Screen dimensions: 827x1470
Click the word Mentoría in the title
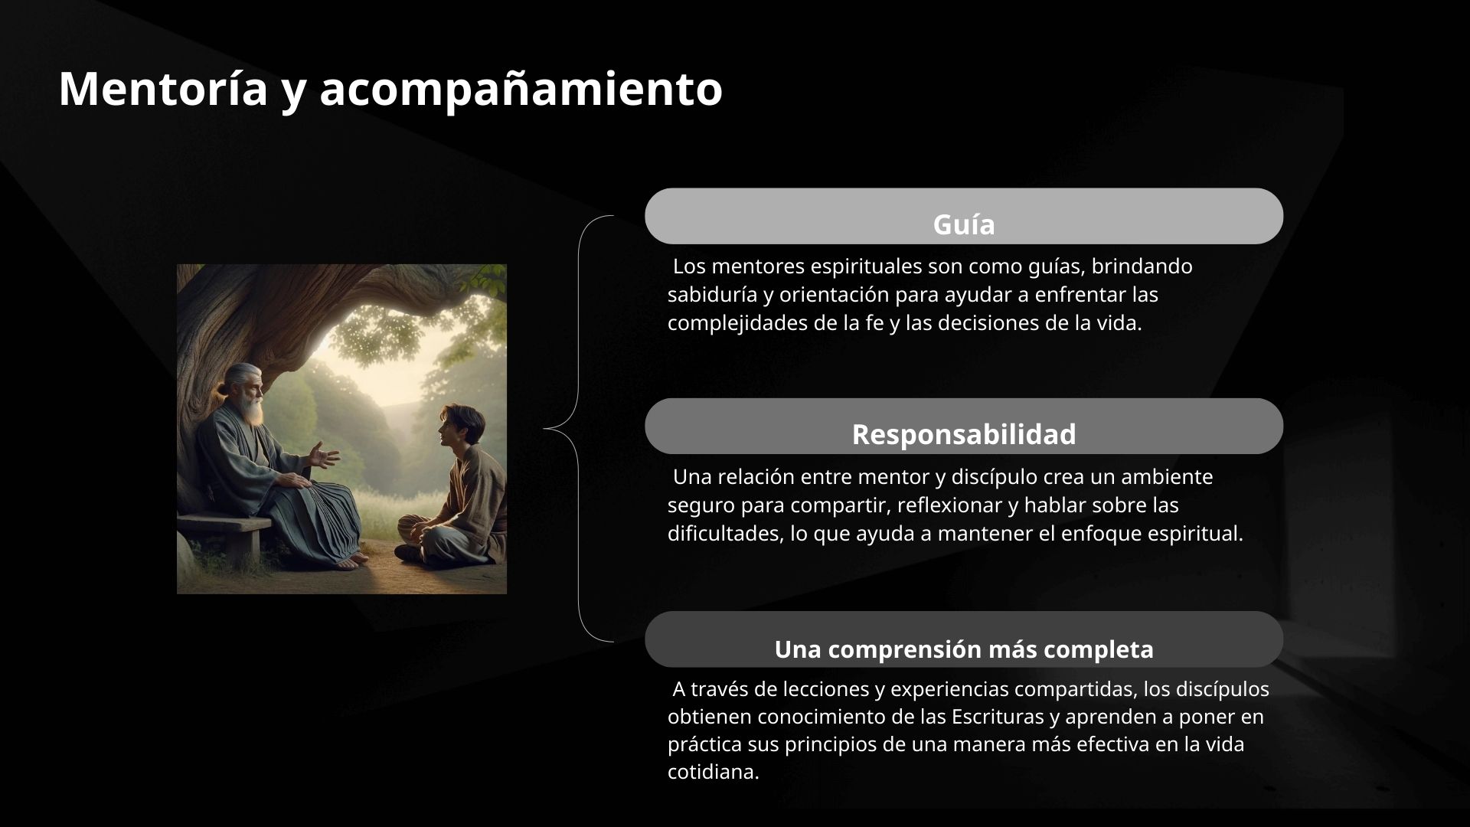[163, 89]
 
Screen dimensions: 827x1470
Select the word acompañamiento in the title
[521, 89]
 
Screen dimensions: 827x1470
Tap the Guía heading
[964, 224]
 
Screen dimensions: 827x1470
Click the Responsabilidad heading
[964, 434]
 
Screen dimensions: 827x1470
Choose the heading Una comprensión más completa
[964, 649]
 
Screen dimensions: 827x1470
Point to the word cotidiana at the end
[713, 772]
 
